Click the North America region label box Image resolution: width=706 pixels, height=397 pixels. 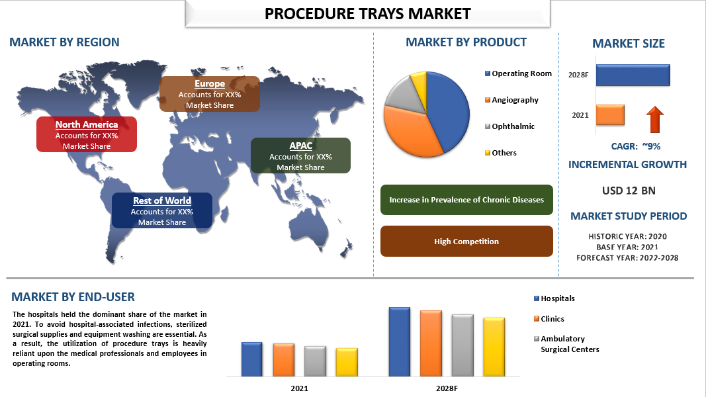[x=87, y=134]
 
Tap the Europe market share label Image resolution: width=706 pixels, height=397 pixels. [x=210, y=93]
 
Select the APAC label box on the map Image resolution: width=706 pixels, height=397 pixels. [x=300, y=155]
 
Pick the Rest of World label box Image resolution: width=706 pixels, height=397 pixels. [x=162, y=210]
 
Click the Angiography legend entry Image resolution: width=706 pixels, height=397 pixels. [x=511, y=100]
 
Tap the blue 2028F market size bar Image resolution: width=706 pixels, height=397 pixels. [x=633, y=75]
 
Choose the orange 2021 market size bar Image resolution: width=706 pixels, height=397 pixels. [x=610, y=114]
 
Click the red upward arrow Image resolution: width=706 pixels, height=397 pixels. [x=655, y=119]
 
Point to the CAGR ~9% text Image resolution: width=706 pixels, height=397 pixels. [x=636, y=146]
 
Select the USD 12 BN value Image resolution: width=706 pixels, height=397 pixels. [x=629, y=191]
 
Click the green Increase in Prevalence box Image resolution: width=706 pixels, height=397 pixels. [x=466, y=200]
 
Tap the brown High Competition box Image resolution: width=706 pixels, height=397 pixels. [x=466, y=242]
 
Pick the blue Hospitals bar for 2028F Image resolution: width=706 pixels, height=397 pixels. [x=400, y=341]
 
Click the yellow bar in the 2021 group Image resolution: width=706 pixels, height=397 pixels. [x=347, y=363]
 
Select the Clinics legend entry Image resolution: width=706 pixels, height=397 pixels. [x=549, y=319]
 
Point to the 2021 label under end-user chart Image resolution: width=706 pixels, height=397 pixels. [x=300, y=388]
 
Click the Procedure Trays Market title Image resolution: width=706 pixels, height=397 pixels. [x=367, y=13]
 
